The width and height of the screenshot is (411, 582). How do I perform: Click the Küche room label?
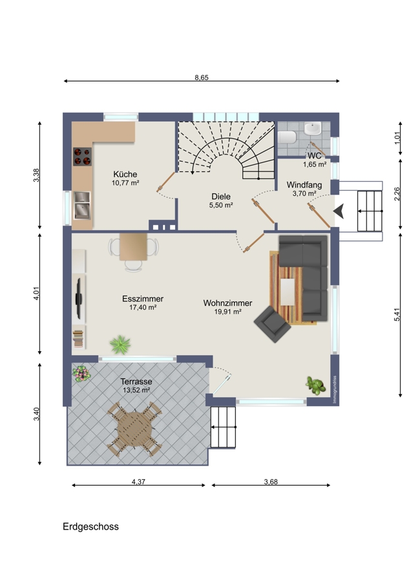[125, 174]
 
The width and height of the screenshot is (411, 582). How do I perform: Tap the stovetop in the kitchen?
[82, 156]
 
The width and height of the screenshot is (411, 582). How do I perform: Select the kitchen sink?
[82, 205]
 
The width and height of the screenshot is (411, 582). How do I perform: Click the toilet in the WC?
[288, 137]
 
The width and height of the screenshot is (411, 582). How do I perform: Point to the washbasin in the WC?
[313, 129]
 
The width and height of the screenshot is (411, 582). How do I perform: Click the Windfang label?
[304, 185]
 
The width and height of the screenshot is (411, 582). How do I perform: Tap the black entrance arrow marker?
[339, 211]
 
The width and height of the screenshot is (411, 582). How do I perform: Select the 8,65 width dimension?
[202, 78]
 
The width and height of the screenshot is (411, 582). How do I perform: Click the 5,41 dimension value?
[397, 314]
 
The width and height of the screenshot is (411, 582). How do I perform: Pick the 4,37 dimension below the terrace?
[138, 482]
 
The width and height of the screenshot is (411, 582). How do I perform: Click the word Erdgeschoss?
[90, 526]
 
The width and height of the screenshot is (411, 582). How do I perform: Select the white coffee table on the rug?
[288, 292]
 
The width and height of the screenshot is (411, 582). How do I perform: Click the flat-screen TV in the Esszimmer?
[79, 298]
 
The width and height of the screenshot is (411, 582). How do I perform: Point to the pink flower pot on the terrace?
[81, 373]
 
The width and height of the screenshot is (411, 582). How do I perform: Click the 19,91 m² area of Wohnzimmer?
[227, 312]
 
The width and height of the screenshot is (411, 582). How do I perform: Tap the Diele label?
[221, 197]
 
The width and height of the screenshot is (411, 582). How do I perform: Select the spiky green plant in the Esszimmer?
[120, 345]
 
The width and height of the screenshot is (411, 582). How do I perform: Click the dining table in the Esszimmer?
[133, 246]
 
